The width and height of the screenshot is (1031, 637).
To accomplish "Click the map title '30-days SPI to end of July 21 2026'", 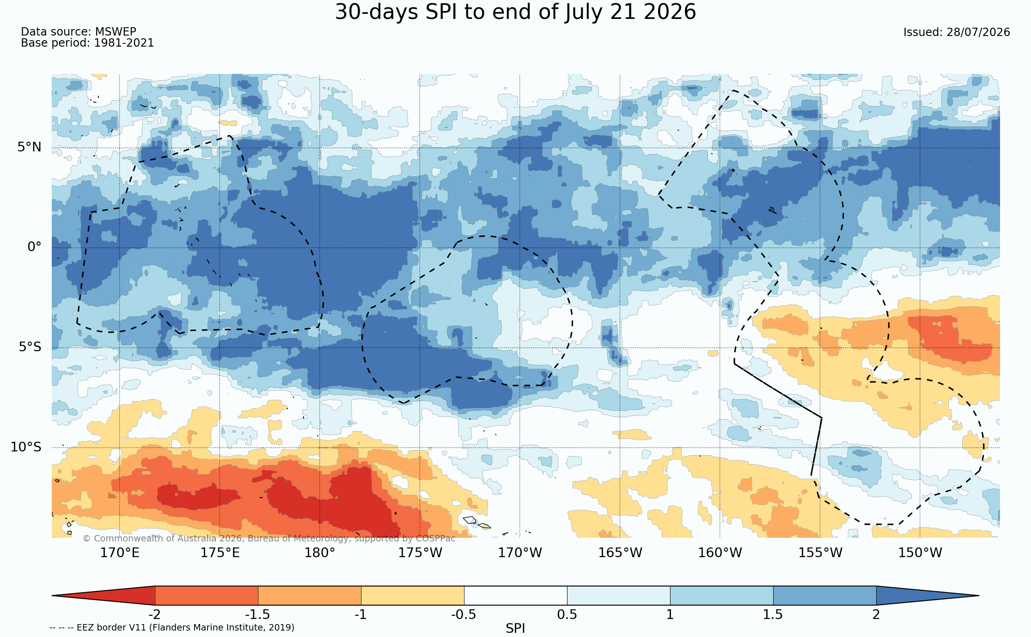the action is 515,12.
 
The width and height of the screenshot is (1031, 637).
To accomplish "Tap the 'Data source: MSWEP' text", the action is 79,32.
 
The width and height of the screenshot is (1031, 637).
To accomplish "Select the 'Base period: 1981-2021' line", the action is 87,43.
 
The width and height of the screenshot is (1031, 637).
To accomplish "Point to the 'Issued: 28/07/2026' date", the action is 957,32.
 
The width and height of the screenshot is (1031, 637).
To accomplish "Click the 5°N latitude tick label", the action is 30,147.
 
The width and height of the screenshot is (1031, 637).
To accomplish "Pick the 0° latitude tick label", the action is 34,247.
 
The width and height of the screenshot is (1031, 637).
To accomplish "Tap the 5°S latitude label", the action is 30,347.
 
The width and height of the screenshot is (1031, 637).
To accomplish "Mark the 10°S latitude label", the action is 26,447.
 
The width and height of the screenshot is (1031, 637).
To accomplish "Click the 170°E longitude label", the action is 120,553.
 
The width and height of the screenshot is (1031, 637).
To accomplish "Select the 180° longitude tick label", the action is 320,553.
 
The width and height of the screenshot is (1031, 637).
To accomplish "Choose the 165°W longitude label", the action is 620,553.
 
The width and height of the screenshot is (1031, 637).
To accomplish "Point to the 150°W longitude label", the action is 920,553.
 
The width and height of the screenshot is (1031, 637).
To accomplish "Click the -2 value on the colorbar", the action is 154,614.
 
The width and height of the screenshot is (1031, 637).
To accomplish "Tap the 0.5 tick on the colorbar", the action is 567,614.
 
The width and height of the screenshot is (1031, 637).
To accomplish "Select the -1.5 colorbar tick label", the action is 257,614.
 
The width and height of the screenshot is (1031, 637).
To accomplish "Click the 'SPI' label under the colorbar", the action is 515,628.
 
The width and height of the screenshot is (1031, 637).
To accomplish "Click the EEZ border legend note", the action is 172,627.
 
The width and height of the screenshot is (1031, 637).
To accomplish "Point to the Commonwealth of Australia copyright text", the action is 269,538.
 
